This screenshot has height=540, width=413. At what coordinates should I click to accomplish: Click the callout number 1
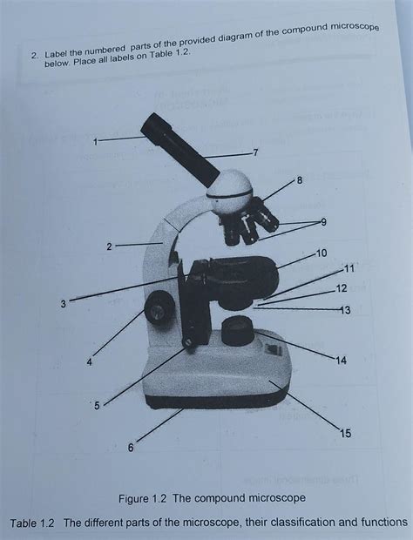[97, 139]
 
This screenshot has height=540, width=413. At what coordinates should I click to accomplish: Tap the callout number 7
[254, 153]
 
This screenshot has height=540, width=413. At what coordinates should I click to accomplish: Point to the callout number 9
[323, 222]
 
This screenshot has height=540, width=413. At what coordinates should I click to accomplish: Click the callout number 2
[109, 247]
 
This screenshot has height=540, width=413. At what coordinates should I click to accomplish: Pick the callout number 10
[322, 253]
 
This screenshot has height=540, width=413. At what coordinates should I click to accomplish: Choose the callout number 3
[63, 303]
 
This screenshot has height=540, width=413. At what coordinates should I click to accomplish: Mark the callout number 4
[89, 362]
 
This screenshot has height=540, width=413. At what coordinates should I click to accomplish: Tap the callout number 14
[341, 360]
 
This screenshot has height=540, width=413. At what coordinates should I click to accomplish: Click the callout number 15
[348, 432]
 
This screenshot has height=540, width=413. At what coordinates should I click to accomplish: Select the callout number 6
[131, 447]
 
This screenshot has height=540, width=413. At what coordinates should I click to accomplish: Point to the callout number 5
[97, 406]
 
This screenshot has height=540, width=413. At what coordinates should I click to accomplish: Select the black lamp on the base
[238, 331]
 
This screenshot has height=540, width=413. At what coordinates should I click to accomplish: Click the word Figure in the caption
[171, 497]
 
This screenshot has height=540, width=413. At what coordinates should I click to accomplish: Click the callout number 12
[341, 288]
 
